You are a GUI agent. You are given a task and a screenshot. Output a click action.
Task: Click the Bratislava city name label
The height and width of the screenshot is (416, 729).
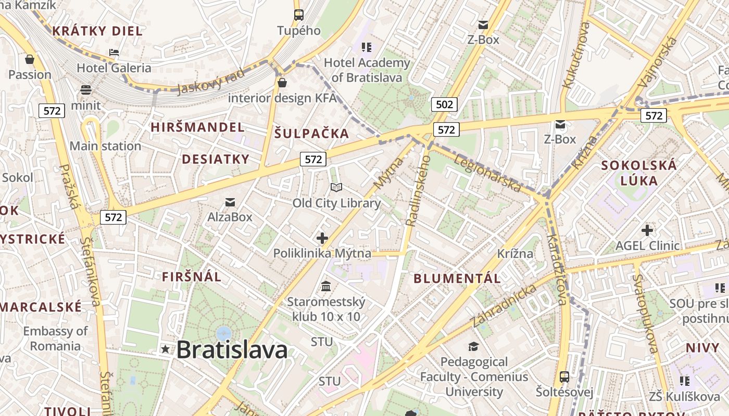tap(232, 350)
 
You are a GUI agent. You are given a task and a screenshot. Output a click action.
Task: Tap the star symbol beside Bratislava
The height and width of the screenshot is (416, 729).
tap(166, 349)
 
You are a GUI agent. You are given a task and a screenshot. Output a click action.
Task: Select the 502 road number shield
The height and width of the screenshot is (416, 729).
tap(444, 105)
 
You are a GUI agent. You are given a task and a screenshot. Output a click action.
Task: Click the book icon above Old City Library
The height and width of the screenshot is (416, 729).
tap(336, 188)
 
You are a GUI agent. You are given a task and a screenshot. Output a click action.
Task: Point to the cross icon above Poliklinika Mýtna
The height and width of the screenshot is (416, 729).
tap(322, 238)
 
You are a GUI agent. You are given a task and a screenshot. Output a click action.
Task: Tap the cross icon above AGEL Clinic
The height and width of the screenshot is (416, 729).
tap(647, 230)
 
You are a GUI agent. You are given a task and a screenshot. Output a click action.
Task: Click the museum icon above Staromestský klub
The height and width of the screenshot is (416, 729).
tap(326, 286)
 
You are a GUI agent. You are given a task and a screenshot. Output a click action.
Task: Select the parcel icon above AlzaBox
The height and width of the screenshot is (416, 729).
tap(230, 202)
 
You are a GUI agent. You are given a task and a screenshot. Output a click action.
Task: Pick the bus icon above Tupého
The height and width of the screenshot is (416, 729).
tap(298, 15)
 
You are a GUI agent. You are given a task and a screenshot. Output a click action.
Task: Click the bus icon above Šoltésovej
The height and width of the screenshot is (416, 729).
tap(564, 376)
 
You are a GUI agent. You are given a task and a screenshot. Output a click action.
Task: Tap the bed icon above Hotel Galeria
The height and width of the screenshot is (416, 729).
tap(114, 53)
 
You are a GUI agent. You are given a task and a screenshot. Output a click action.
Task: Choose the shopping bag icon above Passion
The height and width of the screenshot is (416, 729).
tap(30, 59)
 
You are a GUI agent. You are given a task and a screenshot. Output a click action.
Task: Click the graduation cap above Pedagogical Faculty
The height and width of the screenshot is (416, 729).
tap(473, 346)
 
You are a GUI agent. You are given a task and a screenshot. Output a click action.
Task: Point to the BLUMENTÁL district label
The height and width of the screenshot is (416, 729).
tap(457, 278)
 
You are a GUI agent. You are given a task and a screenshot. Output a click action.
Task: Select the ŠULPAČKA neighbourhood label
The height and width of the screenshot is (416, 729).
tap(311, 134)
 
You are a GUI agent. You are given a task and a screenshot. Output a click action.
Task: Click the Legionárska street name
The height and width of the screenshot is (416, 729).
tap(487, 173)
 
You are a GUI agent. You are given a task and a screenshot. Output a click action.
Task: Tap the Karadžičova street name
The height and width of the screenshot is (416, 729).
tap(556, 269)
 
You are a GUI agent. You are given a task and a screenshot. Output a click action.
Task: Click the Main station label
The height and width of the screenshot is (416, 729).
tap(105, 146)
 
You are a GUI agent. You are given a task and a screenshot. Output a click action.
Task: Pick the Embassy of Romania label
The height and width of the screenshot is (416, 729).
tap(55, 339)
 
